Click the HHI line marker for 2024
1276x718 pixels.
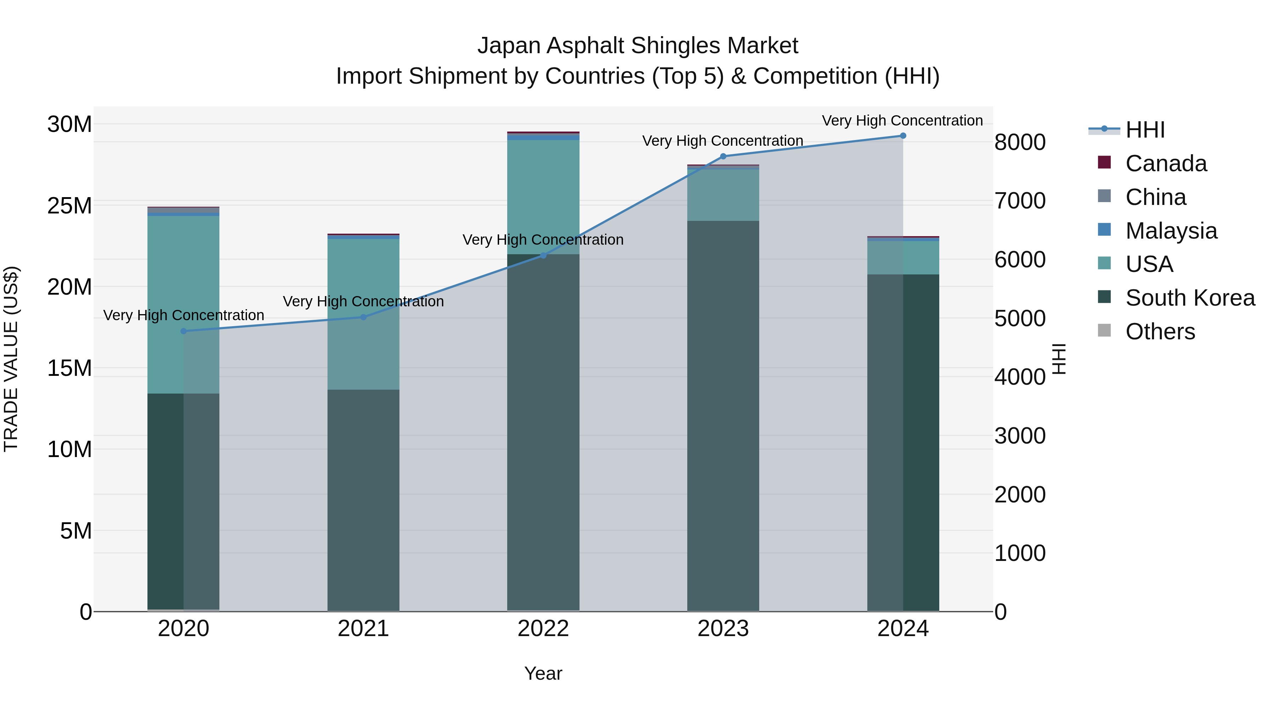pyautogui.click(x=902, y=136)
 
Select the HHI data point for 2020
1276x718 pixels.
pyautogui.click(x=183, y=331)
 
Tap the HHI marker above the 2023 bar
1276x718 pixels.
pyautogui.click(x=723, y=156)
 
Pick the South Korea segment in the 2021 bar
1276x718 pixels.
pyautogui.click(x=363, y=500)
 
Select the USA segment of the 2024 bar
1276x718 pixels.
pyautogui.click(x=902, y=258)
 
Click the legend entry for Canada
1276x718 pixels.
pyautogui.click(x=1165, y=163)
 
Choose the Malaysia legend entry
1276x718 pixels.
pyautogui.click(x=1170, y=231)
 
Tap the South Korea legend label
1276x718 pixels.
pyautogui.click(x=1190, y=298)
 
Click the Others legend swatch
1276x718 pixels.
pyautogui.click(x=1104, y=330)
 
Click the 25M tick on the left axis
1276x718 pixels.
pyautogui.click(x=69, y=206)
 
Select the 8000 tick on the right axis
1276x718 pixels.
pyautogui.click(x=1020, y=142)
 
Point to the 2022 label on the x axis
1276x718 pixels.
pyautogui.click(x=543, y=629)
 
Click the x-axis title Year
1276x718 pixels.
pyautogui.click(x=543, y=673)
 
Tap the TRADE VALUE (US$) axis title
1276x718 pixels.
pyautogui.click(x=11, y=359)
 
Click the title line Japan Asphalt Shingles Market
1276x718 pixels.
pyautogui.click(x=638, y=46)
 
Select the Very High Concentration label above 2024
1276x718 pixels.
pyautogui.click(x=902, y=121)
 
